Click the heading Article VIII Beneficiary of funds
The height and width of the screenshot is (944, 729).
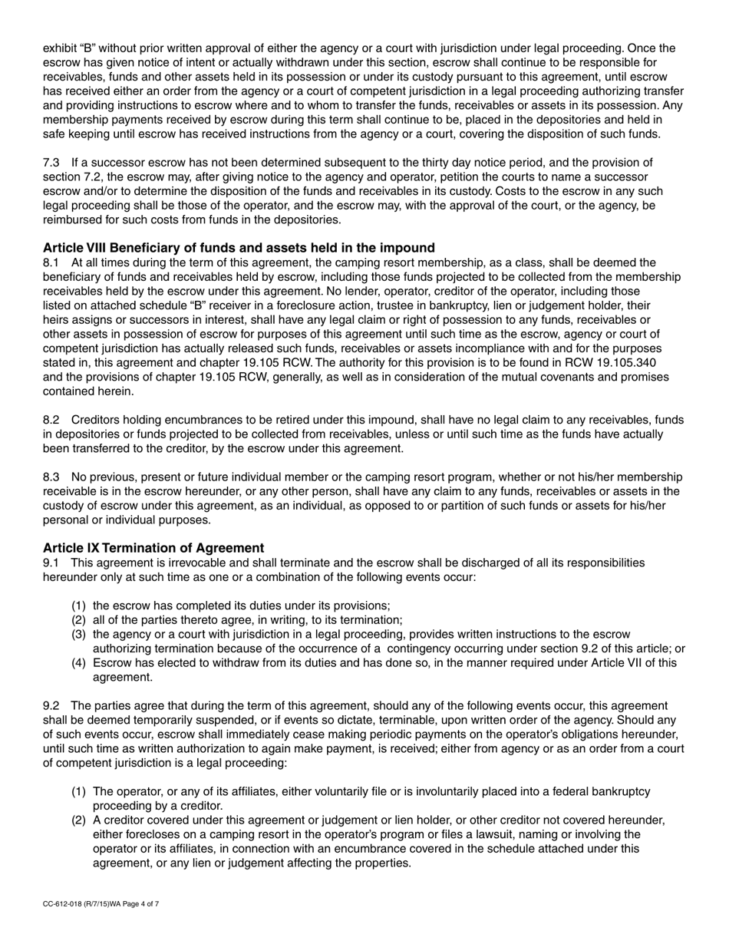point(239,248)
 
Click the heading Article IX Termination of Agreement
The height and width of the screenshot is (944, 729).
point(153,548)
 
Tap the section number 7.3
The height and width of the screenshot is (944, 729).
point(51,163)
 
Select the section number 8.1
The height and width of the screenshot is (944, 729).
point(51,262)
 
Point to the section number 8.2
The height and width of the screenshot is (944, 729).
point(51,420)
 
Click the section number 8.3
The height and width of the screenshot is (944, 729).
point(51,477)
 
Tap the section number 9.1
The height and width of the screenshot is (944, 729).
point(51,563)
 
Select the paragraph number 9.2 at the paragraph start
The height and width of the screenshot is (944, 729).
point(51,705)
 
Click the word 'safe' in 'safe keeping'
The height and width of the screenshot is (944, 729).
point(55,134)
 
